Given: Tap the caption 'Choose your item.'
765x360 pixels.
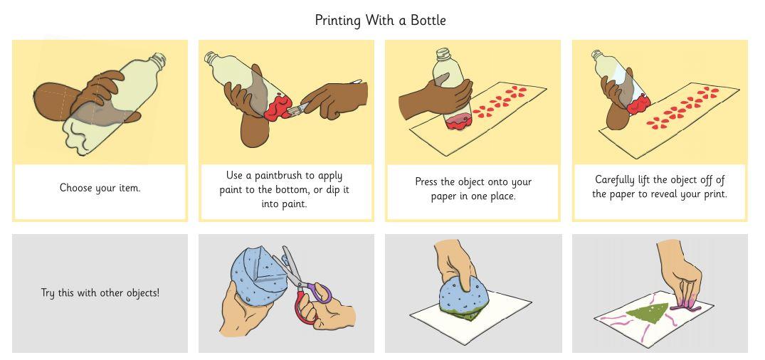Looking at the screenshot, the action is pos(100,188).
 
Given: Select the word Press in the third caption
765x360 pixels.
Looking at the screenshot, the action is pos(427,182).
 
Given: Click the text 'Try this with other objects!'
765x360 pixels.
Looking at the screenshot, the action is pos(100,293).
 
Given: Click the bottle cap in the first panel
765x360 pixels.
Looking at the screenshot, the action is pos(157,60).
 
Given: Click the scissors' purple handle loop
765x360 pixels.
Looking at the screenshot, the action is pos(320,292).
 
